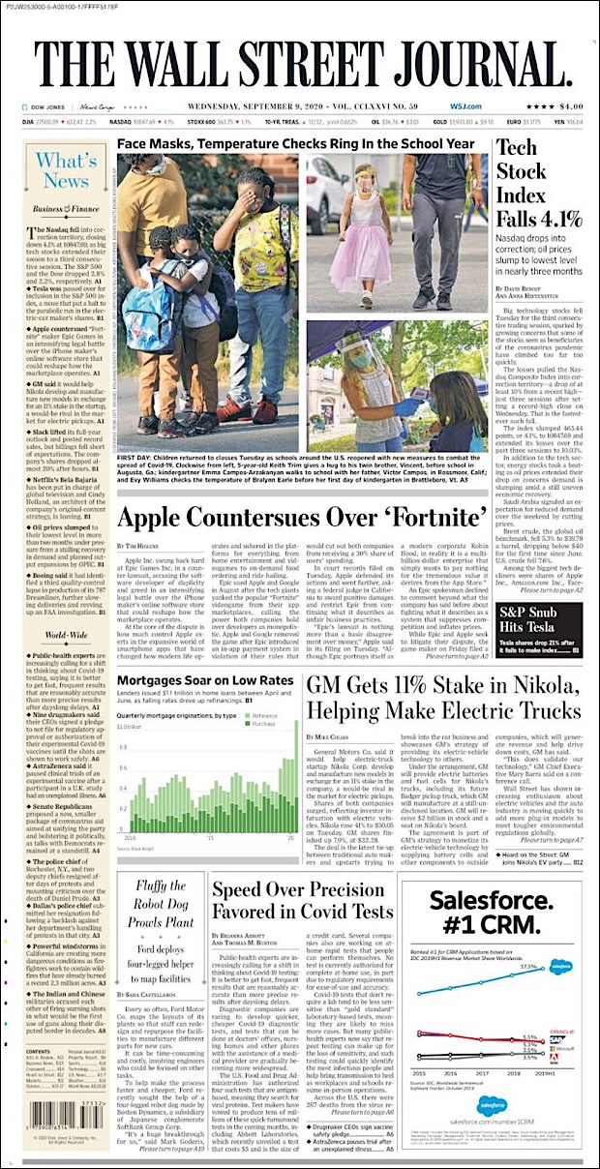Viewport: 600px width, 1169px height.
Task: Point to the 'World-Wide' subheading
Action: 61,607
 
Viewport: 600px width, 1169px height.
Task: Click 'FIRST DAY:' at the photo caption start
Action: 135,454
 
